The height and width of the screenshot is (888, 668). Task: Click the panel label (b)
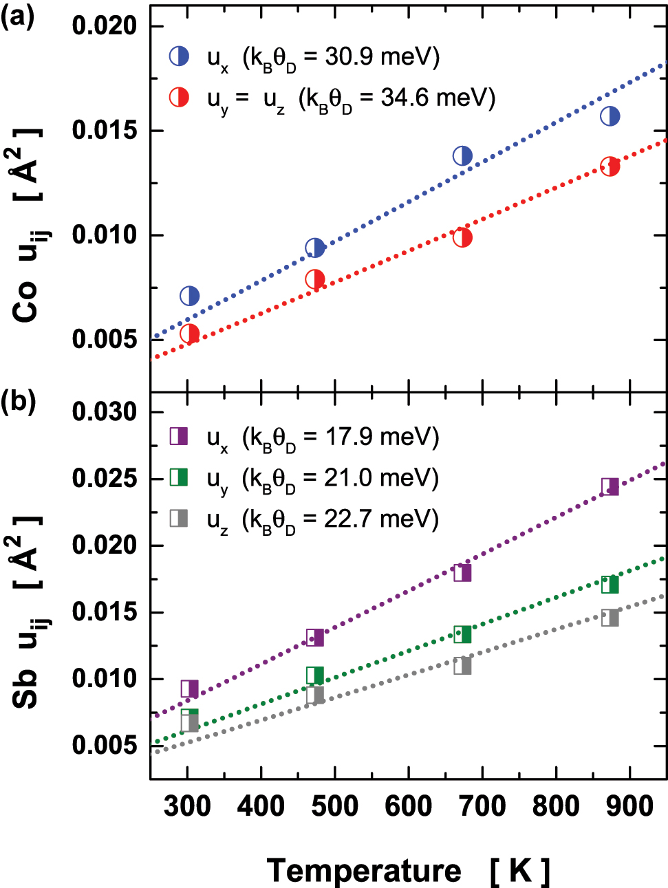(18, 400)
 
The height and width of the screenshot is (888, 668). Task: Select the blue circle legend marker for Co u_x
(180, 56)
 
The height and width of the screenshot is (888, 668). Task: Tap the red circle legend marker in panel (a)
(180, 97)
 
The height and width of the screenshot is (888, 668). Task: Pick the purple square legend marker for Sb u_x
(179, 436)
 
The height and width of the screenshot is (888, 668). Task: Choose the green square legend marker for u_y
(179, 477)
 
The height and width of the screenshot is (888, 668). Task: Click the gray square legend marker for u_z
(179, 517)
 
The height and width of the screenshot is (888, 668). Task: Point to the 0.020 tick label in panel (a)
(105, 25)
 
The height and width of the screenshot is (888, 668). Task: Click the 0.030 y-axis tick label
(105, 412)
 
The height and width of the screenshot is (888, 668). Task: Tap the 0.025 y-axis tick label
(105, 479)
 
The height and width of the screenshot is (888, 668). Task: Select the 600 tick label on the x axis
(409, 805)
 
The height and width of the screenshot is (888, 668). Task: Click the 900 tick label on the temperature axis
(630, 805)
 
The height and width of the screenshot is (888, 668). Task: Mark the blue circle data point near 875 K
(610, 116)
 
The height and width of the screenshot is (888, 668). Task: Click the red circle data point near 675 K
(462, 238)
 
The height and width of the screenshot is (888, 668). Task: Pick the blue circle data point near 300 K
(190, 296)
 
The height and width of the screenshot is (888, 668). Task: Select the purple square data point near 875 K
(610, 487)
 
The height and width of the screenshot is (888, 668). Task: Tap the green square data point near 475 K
(315, 675)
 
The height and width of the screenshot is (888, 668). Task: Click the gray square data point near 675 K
(462, 665)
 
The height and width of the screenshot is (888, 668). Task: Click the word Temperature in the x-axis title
(364, 871)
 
